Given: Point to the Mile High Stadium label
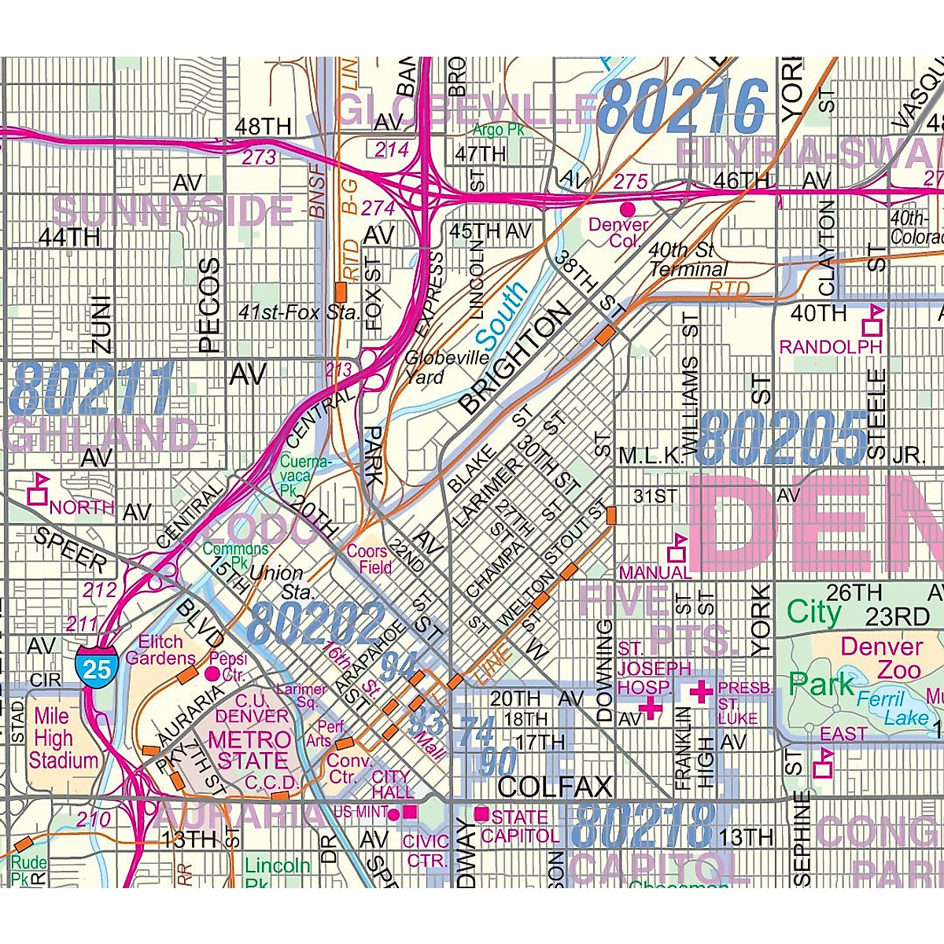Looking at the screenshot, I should point(63,738).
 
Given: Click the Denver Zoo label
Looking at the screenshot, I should point(882,658).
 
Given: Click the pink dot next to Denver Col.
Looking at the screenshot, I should point(628,209).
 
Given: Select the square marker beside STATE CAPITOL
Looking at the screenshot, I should point(481,813).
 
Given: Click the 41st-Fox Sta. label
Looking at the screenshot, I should point(299,312).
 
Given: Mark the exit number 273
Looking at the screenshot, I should point(259,157).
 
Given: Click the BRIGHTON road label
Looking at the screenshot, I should point(514,360).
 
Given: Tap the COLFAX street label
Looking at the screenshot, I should point(555,786).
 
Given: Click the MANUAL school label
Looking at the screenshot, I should point(655,572).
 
